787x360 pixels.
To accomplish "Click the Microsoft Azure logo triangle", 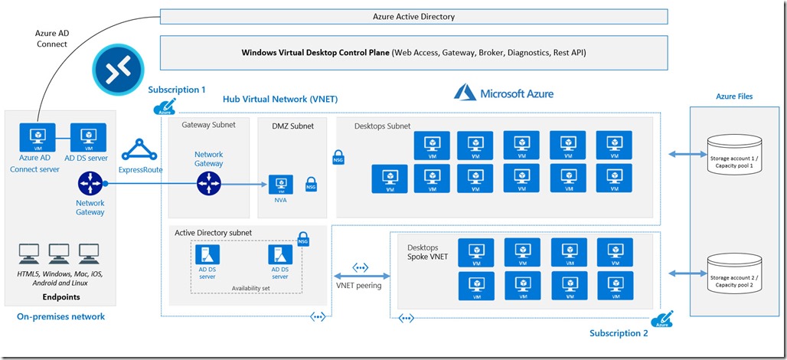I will coord(465,93).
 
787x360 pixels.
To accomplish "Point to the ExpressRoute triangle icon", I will coord(139,149).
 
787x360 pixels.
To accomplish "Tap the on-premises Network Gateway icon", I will coord(90,184).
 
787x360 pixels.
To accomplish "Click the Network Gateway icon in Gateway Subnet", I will coord(208,184).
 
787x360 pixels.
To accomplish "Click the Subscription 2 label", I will coord(619,333).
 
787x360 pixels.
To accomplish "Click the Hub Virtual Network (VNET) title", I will coord(279,100).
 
